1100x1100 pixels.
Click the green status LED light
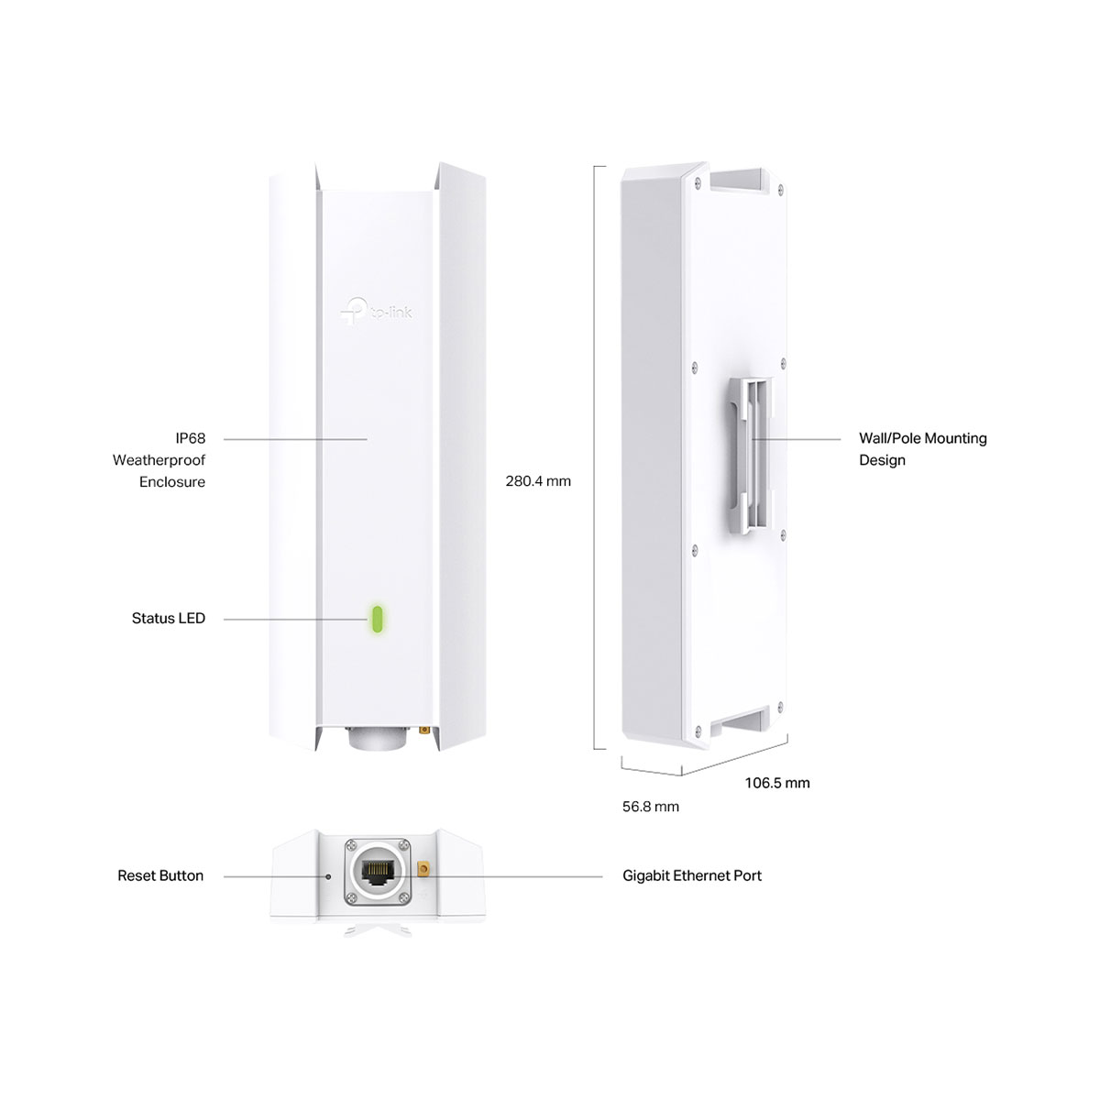(x=377, y=620)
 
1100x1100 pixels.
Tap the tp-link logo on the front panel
(x=376, y=312)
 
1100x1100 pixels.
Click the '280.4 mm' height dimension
(x=538, y=481)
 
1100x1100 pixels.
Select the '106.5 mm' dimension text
(x=777, y=783)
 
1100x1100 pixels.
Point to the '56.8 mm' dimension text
(x=650, y=807)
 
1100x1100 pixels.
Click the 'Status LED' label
(x=169, y=618)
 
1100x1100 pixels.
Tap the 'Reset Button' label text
(x=160, y=875)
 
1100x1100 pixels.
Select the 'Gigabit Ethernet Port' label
(x=692, y=875)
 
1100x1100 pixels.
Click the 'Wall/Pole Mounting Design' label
(x=922, y=449)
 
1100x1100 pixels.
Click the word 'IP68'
(x=190, y=438)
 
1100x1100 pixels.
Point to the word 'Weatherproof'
(x=159, y=460)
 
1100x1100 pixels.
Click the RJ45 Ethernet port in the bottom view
(x=376, y=873)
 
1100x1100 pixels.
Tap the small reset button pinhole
(x=327, y=876)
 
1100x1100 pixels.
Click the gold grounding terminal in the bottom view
(x=423, y=870)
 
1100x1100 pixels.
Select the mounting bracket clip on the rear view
(x=751, y=456)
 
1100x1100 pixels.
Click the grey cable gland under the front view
(x=377, y=738)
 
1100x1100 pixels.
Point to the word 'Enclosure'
(x=171, y=482)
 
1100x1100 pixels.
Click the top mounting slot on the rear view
(x=736, y=180)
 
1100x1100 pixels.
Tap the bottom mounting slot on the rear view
(x=739, y=720)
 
